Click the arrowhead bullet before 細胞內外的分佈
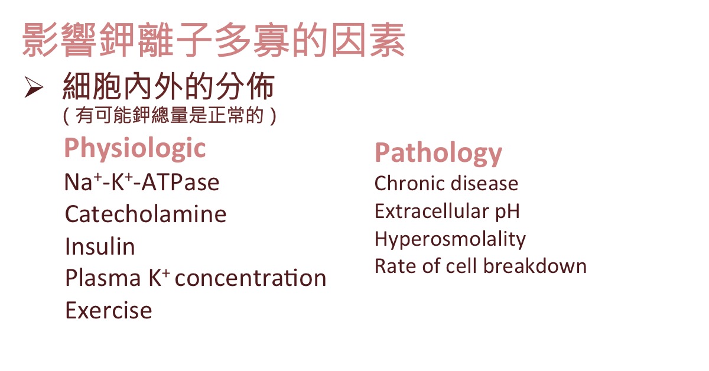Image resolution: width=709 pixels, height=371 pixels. point(34,87)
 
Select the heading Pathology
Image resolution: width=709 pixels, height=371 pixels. point(438,154)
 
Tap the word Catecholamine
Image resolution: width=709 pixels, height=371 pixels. point(145,214)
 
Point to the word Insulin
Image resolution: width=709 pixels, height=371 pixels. point(100,246)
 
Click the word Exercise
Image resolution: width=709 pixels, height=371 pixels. point(109,310)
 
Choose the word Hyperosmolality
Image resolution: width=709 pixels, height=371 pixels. point(450,240)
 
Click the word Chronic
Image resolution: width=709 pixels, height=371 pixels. point(410,183)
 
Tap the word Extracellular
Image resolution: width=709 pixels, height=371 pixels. point(432,211)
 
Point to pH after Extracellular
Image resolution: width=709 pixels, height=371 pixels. point(508,212)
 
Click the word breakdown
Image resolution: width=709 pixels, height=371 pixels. point(535,266)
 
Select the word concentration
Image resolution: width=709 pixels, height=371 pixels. point(251,278)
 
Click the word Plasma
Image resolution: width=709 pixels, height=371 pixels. point(103,278)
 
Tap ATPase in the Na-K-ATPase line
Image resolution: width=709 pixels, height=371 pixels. point(180,183)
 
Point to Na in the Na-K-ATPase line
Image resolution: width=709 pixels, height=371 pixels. point(78,183)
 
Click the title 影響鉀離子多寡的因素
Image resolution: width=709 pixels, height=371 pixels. point(214,40)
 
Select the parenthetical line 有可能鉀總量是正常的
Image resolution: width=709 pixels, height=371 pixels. point(170,115)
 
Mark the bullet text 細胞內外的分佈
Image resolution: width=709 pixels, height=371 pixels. point(168,86)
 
